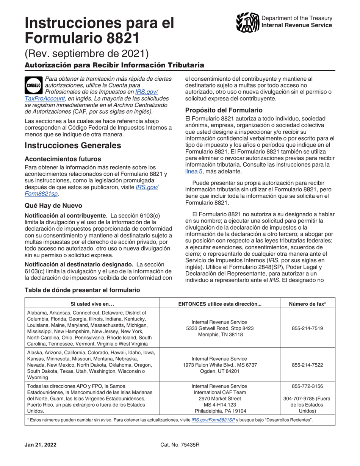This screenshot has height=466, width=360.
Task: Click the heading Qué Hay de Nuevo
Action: click(53, 206)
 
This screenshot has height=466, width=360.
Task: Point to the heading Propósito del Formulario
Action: click(224, 110)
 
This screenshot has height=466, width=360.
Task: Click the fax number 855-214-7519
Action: click(307, 328)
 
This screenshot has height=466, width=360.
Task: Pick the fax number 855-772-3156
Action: click(307, 386)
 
